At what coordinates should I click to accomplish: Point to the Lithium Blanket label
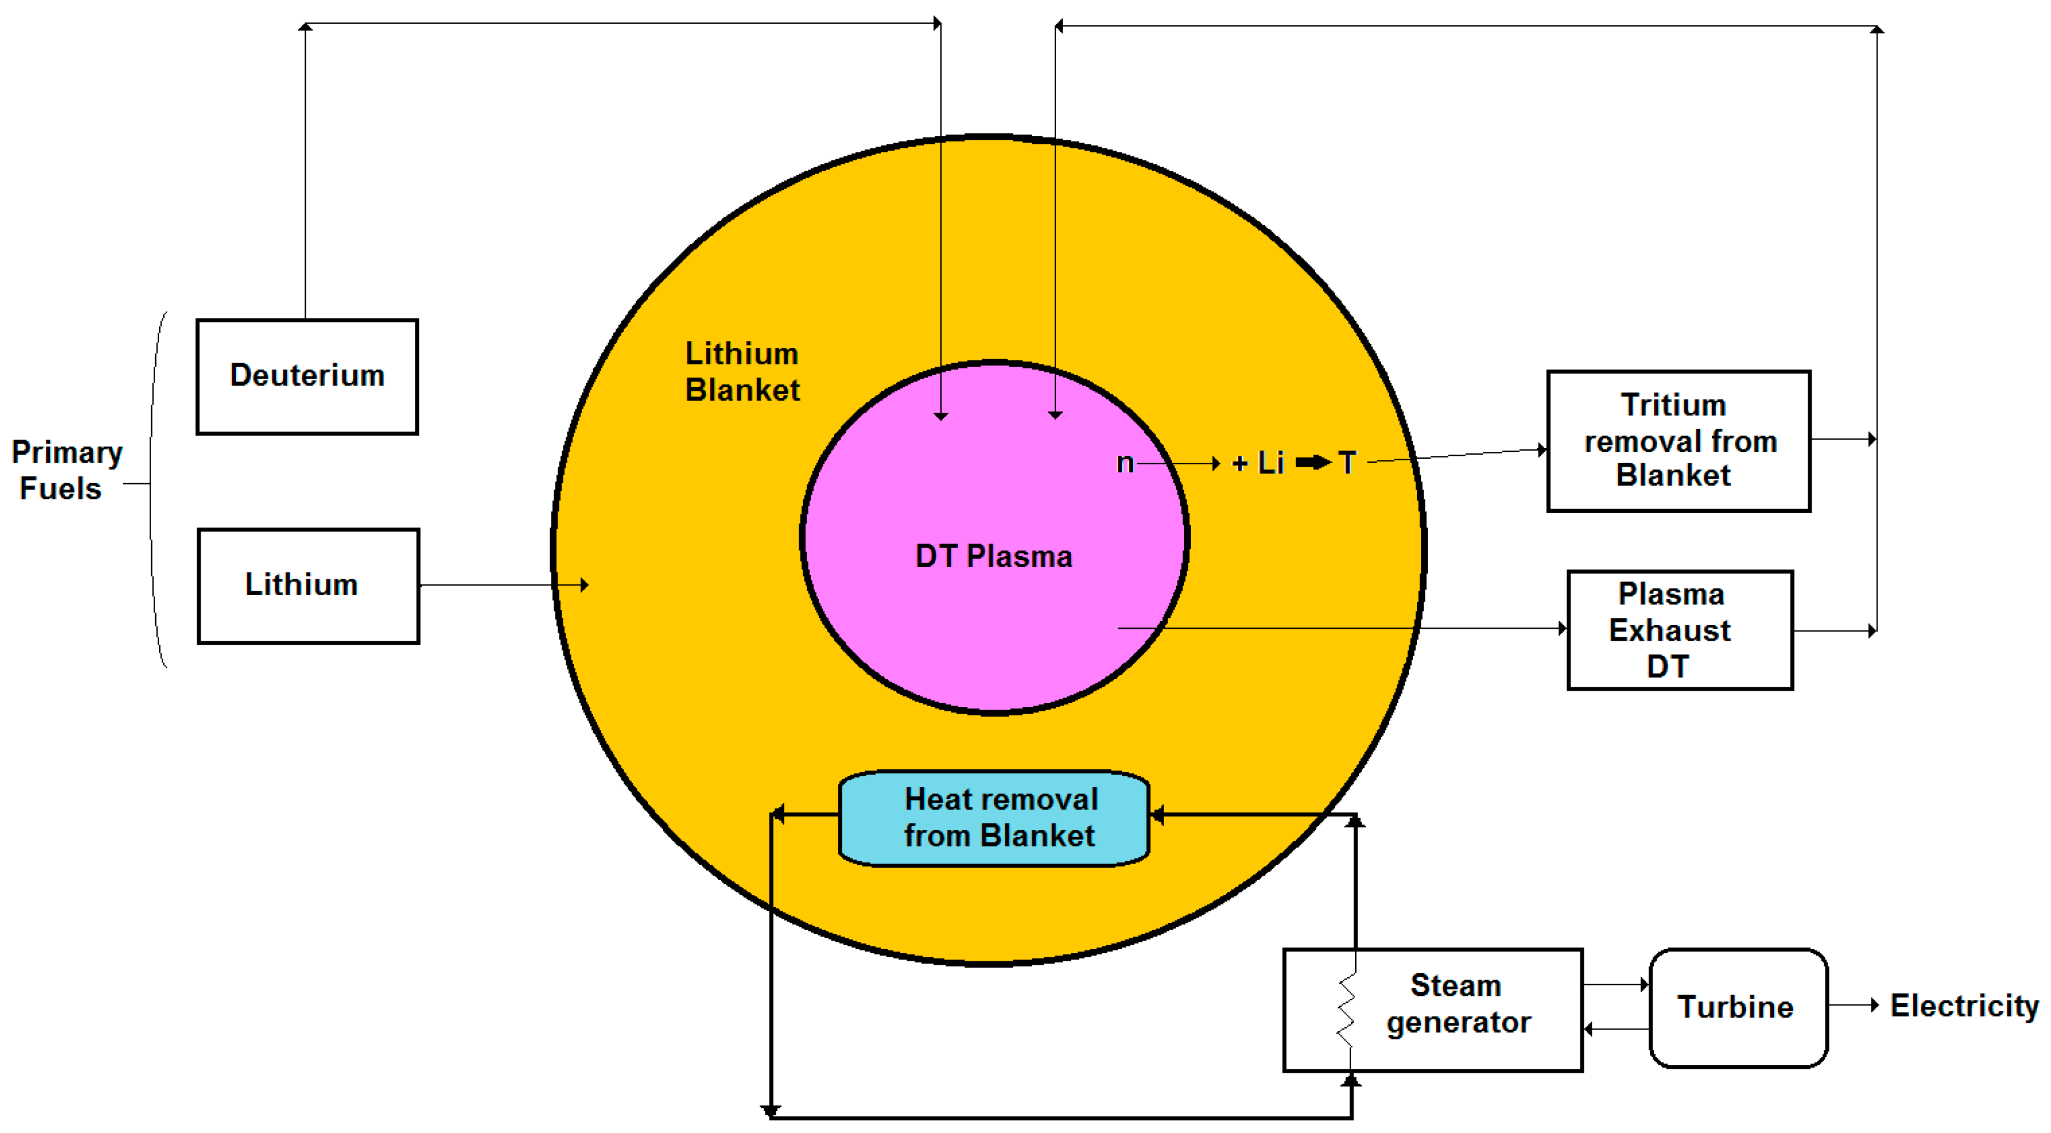point(742,372)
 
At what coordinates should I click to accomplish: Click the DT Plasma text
point(994,556)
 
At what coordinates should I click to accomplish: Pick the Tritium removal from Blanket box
point(1679,441)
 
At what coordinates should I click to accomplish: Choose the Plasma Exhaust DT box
point(1679,630)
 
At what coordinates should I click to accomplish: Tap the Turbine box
point(1738,1007)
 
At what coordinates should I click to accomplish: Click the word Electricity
point(1963,1006)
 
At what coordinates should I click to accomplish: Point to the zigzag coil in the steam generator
point(1346,1010)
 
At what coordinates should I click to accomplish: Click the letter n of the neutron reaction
point(1124,463)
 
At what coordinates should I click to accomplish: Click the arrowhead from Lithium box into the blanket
point(584,585)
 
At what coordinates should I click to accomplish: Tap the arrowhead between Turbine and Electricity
point(1874,1005)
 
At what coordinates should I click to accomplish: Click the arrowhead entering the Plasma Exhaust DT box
point(1562,628)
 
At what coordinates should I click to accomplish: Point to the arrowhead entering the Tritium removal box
point(1542,450)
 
